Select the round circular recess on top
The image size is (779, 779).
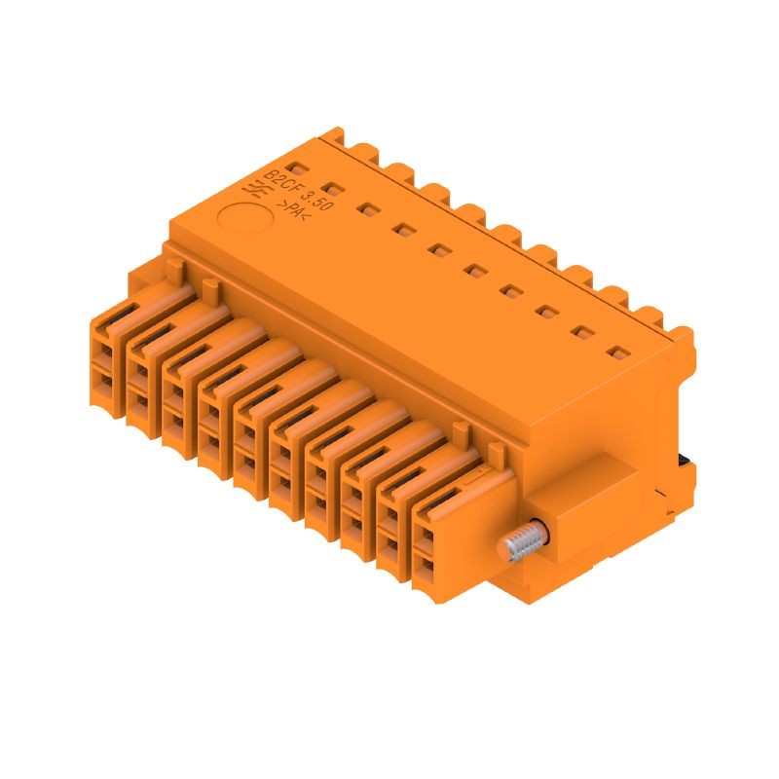click(x=237, y=217)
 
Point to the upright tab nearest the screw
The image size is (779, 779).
click(x=497, y=450)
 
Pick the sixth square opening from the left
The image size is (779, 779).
click(x=475, y=271)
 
